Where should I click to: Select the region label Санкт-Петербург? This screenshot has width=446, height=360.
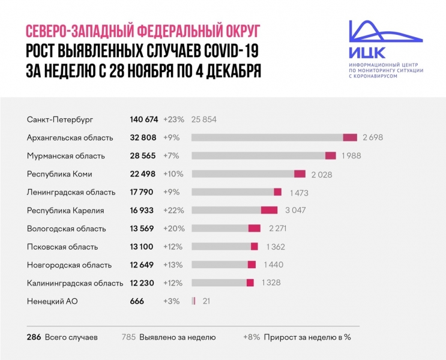(60, 119)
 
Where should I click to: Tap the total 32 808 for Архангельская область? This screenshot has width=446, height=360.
(143, 137)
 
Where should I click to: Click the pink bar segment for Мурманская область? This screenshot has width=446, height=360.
(330, 156)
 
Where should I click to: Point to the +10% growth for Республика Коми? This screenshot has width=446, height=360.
(173, 174)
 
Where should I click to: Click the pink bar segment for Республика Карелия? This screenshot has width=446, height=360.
(269, 210)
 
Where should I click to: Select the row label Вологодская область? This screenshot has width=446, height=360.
(66, 229)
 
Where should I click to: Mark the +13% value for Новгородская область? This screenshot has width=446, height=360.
(173, 265)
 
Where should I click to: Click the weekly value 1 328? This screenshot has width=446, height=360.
(271, 283)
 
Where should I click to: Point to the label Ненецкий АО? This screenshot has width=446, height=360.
(50, 301)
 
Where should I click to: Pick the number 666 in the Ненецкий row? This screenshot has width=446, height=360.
(137, 301)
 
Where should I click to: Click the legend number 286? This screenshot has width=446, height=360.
(34, 337)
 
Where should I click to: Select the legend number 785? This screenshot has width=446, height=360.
(128, 337)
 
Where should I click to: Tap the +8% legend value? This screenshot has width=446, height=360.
(252, 337)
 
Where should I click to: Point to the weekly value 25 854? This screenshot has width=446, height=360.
(203, 119)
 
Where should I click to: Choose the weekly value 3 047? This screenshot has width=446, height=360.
(294, 210)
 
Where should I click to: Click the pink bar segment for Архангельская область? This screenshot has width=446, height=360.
(350, 137)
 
